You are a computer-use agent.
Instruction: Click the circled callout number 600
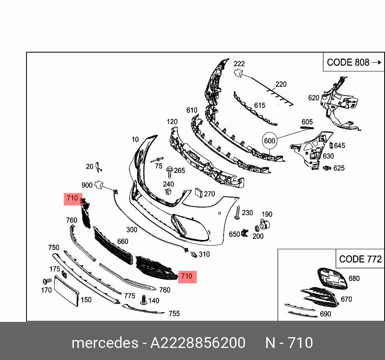click(x=270, y=140)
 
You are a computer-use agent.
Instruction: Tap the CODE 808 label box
click(x=354, y=62)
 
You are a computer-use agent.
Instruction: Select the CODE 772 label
click(x=360, y=259)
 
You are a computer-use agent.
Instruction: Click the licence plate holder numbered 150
click(x=66, y=291)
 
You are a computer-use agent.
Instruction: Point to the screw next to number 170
click(x=47, y=281)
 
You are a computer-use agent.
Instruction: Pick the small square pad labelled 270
click(x=199, y=193)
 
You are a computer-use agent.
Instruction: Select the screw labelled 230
click(x=237, y=213)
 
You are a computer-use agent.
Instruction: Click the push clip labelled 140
click(x=144, y=300)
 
